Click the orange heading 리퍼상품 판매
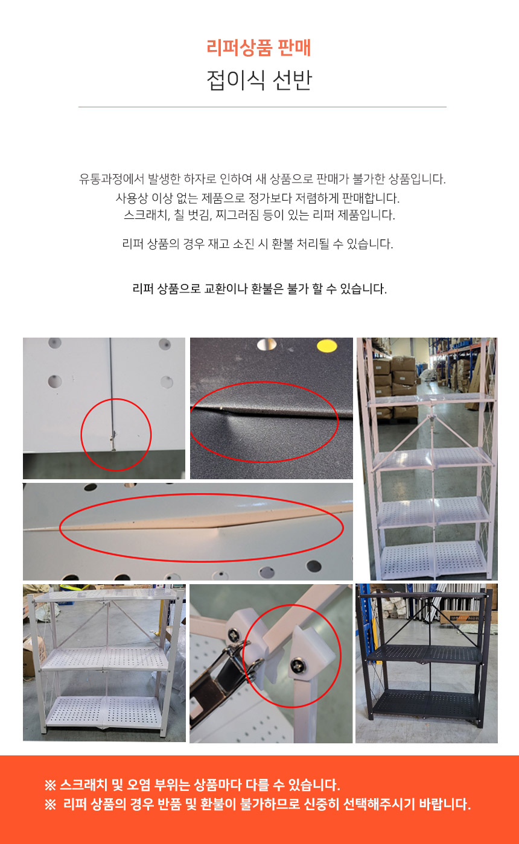coord(259,48)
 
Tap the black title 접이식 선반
coord(259,80)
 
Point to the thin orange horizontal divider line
coord(262,107)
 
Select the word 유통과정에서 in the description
coord(112,178)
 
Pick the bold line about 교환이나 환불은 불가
coord(259,289)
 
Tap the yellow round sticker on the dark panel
coord(327,345)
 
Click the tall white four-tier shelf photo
coord(427,459)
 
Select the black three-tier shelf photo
coord(427,664)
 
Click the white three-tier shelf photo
coord(104,663)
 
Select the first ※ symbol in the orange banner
coord(50,785)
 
